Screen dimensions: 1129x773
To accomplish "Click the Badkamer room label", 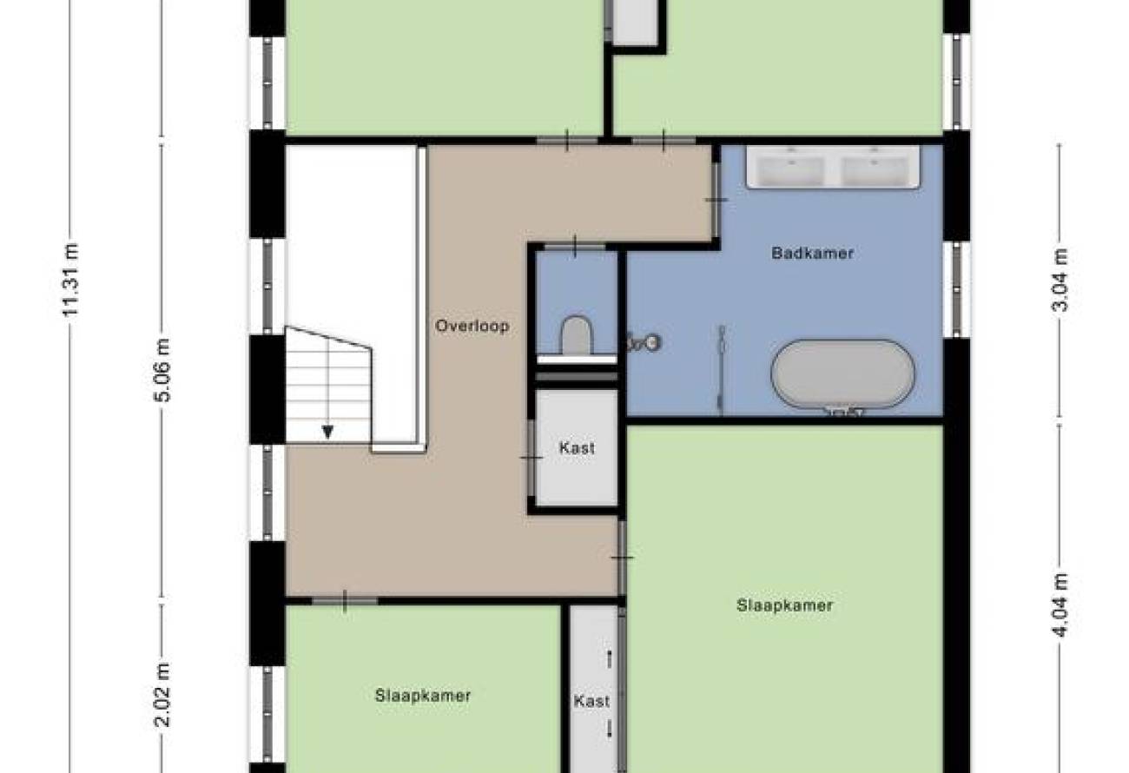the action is click(x=812, y=253).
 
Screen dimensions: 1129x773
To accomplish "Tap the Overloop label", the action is click(x=472, y=326).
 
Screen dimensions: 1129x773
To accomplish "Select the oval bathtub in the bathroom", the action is click(x=842, y=373).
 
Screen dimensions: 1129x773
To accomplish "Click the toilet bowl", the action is click(x=576, y=334).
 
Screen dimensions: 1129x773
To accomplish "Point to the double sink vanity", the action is click(x=833, y=168).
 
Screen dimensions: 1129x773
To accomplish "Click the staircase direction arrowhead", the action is click(x=327, y=432).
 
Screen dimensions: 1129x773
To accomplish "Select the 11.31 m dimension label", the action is click(x=70, y=281).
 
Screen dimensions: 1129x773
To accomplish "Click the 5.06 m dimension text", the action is click(x=162, y=370).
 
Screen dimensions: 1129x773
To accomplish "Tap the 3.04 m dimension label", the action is click(x=1060, y=281).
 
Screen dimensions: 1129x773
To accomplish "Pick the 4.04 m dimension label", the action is click(x=1060, y=605).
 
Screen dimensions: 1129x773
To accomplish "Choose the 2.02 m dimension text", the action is click(x=162, y=696).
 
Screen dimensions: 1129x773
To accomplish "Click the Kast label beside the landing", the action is click(x=577, y=447).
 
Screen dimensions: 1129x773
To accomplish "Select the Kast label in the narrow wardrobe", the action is click(x=591, y=701).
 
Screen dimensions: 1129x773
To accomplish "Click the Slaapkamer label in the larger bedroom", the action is click(x=785, y=605).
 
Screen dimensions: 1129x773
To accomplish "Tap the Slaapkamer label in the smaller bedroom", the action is click(x=423, y=696).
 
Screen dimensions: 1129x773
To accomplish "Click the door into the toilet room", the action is click(x=575, y=247).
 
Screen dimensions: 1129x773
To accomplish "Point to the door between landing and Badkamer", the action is click(x=716, y=200).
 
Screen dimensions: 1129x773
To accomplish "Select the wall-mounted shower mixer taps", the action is click(x=644, y=343).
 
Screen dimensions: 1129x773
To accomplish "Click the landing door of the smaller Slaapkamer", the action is click(x=345, y=601).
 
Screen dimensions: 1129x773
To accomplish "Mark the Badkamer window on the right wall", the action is click(x=956, y=290).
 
